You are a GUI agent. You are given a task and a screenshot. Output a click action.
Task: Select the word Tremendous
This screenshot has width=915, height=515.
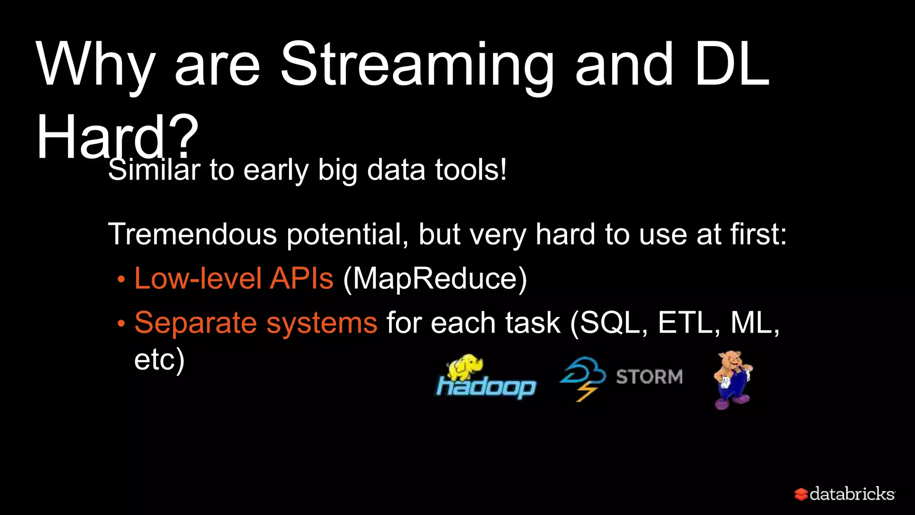pyautogui.click(x=192, y=234)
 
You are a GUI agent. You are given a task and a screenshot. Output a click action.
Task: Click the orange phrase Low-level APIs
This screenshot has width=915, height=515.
pyautogui.click(x=234, y=279)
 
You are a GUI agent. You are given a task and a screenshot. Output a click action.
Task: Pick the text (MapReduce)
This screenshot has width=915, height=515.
pyautogui.click(x=435, y=279)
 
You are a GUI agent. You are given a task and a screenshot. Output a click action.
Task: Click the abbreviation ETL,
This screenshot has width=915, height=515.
pyautogui.click(x=688, y=323)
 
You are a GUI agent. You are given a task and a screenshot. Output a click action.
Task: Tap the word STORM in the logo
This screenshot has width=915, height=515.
pyautogui.click(x=649, y=377)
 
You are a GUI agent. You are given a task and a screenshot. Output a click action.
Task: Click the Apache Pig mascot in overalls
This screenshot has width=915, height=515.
pyautogui.click(x=732, y=380)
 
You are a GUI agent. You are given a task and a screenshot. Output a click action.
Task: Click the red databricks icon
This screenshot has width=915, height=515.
pyautogui.click(x=801, y=494)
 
